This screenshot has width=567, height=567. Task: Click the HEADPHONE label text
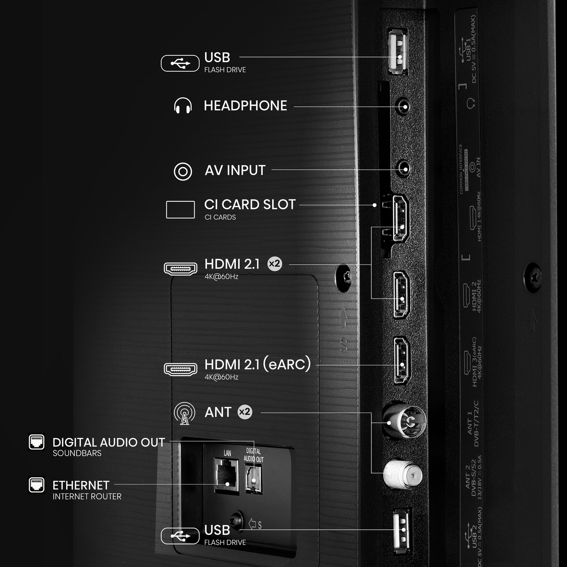coord(245,105)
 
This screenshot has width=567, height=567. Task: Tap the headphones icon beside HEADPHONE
coord(183,106)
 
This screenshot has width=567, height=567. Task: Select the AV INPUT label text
coord(235,170)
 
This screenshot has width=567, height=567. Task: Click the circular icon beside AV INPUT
coord(183,171)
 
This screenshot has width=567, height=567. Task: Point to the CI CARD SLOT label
coord(249,205)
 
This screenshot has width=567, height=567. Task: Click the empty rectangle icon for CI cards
coord(180,210)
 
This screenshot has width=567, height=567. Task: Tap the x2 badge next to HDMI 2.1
coord(275,264)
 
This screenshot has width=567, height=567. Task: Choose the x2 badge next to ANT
coord(244,412)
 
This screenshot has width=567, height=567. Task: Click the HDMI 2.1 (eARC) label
coord(258,364)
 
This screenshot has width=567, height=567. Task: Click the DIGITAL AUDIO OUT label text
coord(109,443)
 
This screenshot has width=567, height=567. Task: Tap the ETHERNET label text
coord(81,485)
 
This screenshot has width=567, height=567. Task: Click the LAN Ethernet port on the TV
coord(227,477)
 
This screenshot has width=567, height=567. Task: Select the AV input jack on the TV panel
coord(403,168)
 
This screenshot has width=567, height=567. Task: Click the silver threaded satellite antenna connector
coord(402,473)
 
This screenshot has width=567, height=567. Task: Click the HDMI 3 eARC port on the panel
coord(402,360)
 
